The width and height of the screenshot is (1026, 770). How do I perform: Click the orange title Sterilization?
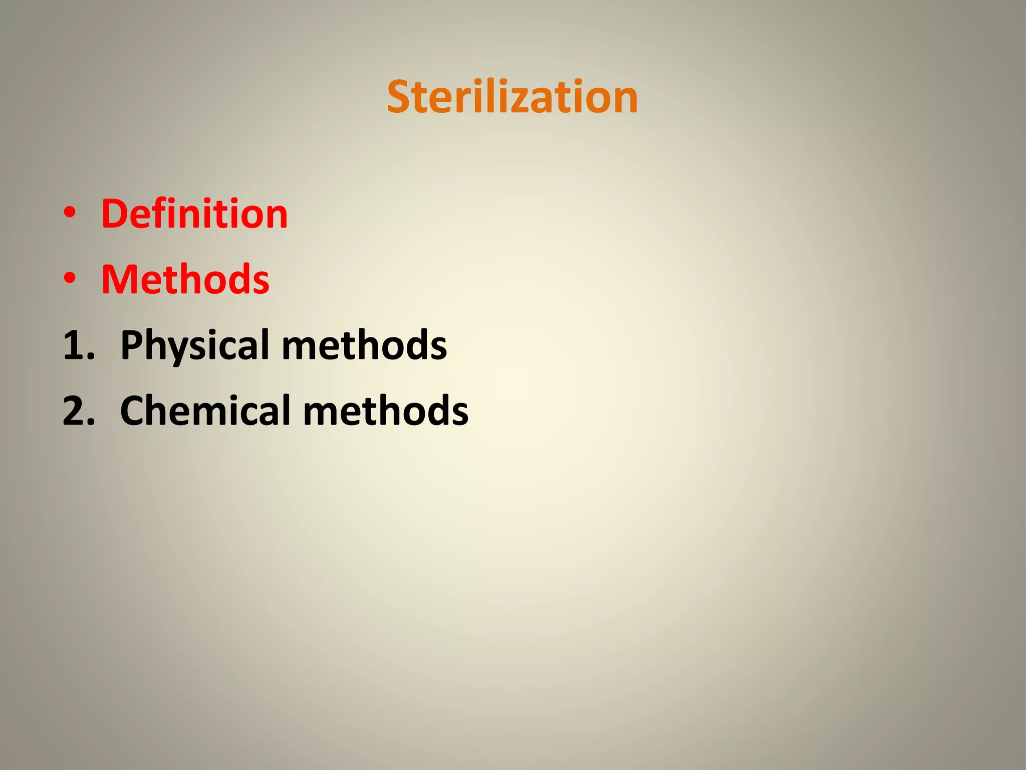pos(512,97)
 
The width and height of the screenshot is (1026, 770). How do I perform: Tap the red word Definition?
pos(194,214)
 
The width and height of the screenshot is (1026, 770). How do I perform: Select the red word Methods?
pos(185,279)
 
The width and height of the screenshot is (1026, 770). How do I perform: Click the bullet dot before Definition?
pos(70,214)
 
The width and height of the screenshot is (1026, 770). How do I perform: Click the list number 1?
pos(78,345)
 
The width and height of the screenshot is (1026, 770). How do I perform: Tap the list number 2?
pos(78,411)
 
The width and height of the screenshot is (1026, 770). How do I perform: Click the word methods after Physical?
pos(365,345)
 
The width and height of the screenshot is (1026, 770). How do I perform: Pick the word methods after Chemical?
pos(386,411)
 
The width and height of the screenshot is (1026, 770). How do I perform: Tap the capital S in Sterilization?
pos(401,97)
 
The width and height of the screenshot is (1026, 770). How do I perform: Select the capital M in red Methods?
pos(121,279)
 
